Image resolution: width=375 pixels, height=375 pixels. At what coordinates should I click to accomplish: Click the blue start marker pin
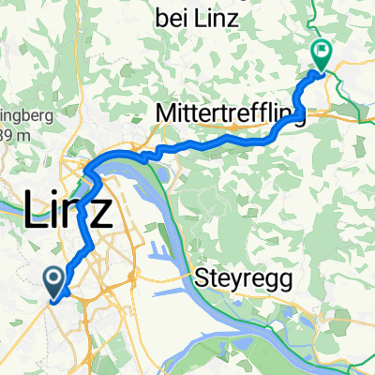tap(52, 279)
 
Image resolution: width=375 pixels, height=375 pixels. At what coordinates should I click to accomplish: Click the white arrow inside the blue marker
tap(52, 277)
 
